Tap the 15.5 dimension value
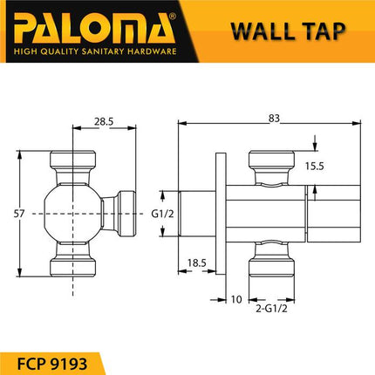click(x=316, y=165)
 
